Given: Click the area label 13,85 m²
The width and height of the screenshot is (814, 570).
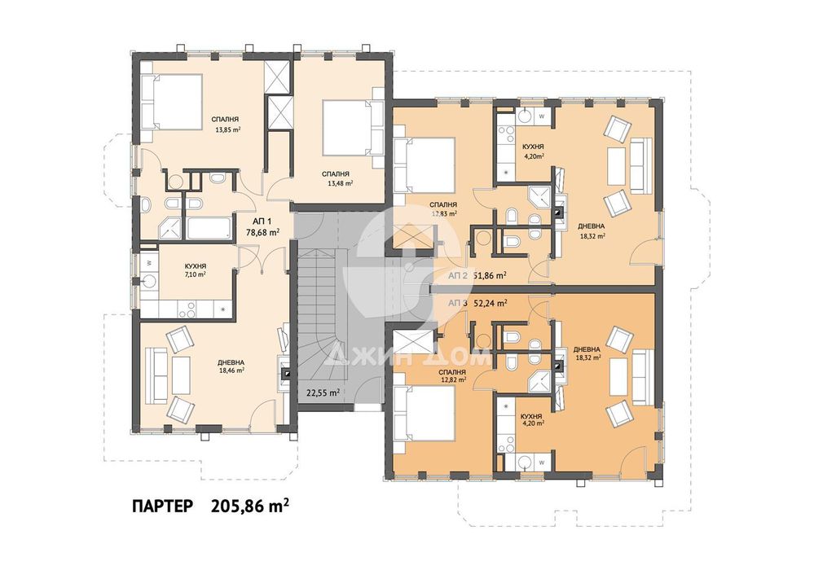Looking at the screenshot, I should coord(227,129).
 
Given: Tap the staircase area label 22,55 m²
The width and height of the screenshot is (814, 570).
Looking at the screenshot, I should coord(323,392).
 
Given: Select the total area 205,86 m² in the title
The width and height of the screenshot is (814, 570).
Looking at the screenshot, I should coord(250,506).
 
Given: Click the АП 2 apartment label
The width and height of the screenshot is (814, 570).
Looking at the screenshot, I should coord(458,276).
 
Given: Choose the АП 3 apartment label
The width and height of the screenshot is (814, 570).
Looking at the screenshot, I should coord(458,302).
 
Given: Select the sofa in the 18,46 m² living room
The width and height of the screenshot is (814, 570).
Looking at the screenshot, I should coord(154,374).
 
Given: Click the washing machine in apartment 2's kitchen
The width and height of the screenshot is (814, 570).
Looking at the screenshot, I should coord(541,116).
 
